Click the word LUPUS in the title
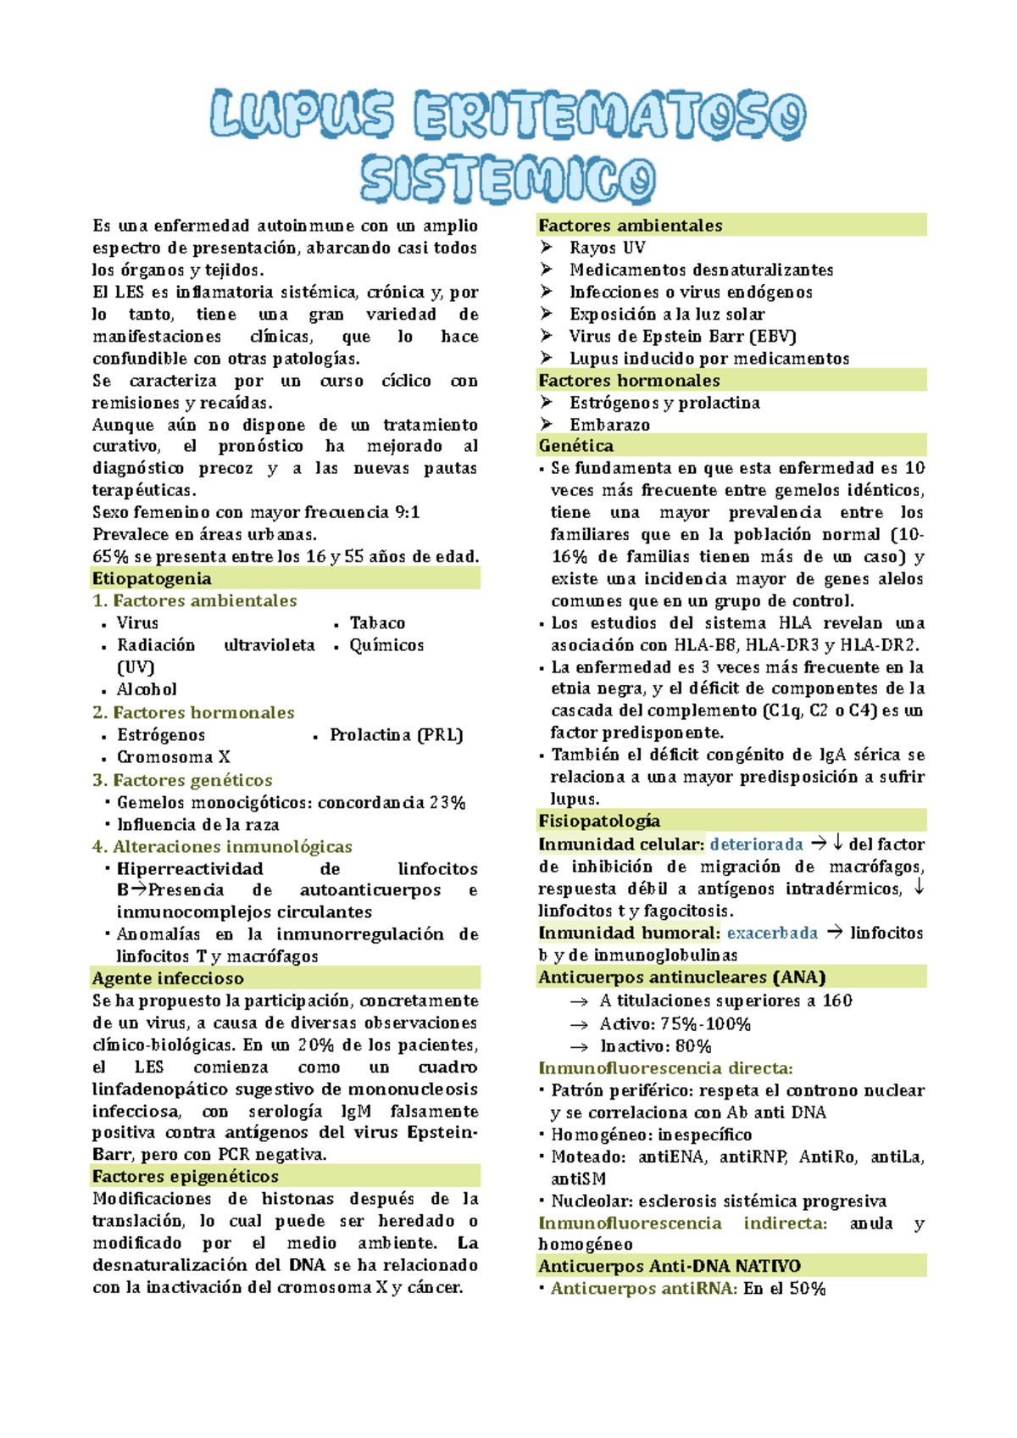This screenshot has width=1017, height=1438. click(x=302, y=114)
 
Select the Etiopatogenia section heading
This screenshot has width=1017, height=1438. click(x=152, y=578)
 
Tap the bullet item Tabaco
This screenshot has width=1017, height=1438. click(x=377, y=623)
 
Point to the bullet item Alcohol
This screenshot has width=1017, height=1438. click(x=147, y=689)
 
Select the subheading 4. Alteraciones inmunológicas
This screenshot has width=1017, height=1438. click(x=222, y=846)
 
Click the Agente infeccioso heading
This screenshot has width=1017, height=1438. click(x=168, y=978)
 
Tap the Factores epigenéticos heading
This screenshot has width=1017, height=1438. click(x=185, y=1176)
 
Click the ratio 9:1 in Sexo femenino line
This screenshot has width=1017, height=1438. click(x=408, y=512)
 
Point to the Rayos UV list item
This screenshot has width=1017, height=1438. click(x=607, y=248)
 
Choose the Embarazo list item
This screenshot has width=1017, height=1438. click(x=609, y=425)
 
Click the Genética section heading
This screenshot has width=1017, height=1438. click(x=575, y=445)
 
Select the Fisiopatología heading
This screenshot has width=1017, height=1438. click(x=598, y=820)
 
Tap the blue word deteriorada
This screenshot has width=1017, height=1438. click(x=756, y=844)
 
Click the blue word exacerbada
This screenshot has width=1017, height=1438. click(x=772, y=933)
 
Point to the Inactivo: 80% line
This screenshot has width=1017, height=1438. click(x=655, y=1046)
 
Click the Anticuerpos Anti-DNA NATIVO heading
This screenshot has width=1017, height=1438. click(x=669, y=1266)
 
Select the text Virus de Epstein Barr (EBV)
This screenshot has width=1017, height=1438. click(x=682, y=336)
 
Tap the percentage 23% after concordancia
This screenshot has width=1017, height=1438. click(x=447, y=802)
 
